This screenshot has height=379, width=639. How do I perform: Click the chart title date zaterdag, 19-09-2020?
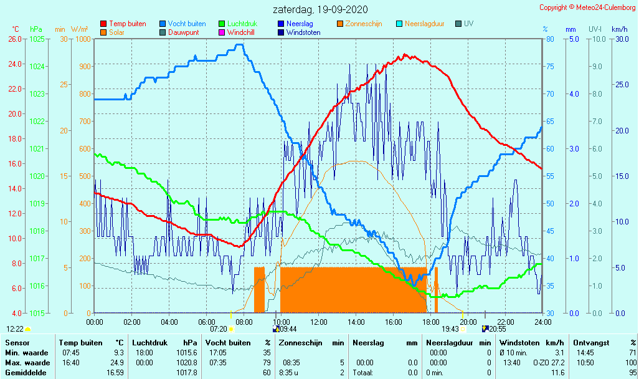[320, 9]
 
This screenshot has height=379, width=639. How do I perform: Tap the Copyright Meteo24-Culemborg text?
[588, 7]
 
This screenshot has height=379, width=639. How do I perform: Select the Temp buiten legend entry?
[127, 24]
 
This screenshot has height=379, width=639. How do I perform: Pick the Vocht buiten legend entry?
[186, 24]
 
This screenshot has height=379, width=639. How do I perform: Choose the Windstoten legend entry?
[303, 32]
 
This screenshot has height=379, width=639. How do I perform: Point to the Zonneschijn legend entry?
[364, 24]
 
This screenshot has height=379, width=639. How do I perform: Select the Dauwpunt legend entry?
[183, 32]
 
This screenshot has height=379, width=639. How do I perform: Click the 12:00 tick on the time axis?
[318, 322]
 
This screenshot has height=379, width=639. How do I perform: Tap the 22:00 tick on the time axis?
[505, 322]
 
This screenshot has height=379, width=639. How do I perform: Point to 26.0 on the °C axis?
[15, 39]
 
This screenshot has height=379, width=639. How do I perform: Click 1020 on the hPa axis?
[37, 176]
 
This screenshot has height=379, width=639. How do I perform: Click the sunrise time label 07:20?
[218, 329]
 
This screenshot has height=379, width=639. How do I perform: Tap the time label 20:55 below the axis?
[497, 329]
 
